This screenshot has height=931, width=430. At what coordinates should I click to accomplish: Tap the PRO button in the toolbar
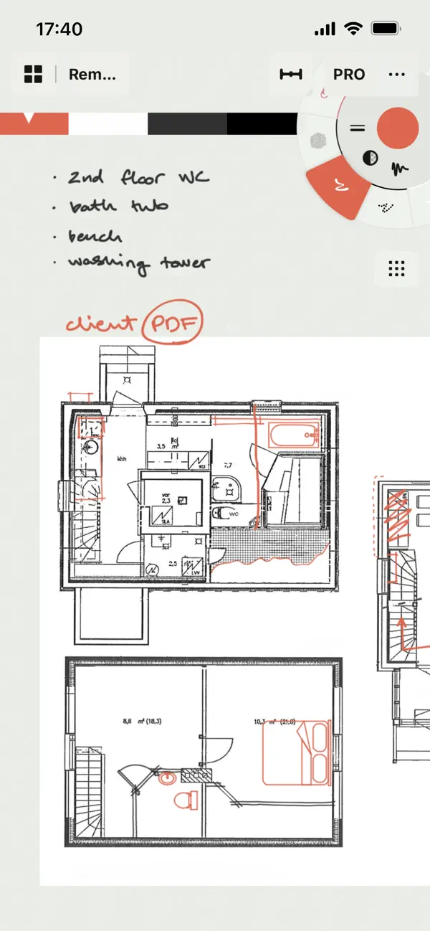tap(349, 75)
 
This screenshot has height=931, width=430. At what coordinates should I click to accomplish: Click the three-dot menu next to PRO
tap(396, 75)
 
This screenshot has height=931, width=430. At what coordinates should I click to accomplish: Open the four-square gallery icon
tap(34, 74)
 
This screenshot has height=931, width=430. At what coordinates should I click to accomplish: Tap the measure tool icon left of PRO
tap(291, 75)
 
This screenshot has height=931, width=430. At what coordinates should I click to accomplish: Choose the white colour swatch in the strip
tap(107, 123)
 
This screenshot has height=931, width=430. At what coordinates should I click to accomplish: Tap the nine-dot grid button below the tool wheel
tap(396, 268)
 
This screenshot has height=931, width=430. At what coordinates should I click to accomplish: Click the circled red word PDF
tap(172, 324)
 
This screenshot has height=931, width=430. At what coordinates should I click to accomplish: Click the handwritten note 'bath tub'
tap(118, 207)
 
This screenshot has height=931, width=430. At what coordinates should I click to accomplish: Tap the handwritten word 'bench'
tap(95, 236)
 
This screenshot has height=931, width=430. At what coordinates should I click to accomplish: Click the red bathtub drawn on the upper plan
tap(293, 434)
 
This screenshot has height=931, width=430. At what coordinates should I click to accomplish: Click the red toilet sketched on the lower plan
tap(186, 800)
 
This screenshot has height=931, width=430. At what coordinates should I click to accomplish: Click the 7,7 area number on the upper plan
tap(229, 465)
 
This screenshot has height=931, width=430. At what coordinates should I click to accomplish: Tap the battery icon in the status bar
tap(386, 29)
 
